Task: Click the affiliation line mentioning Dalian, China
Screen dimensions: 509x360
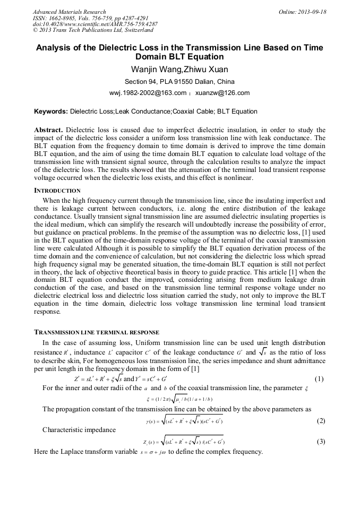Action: point(179,82)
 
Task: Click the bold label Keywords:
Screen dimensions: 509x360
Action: point(51,111)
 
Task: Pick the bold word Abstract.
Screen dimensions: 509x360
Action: point(48,130)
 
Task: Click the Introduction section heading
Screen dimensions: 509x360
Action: point(57,191)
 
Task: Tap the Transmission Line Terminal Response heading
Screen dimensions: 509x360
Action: point(93,332)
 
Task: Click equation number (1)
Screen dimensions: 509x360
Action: point(319,379)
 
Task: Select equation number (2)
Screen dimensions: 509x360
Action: point(320,421)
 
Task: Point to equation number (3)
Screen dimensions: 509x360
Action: point(320,442)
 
